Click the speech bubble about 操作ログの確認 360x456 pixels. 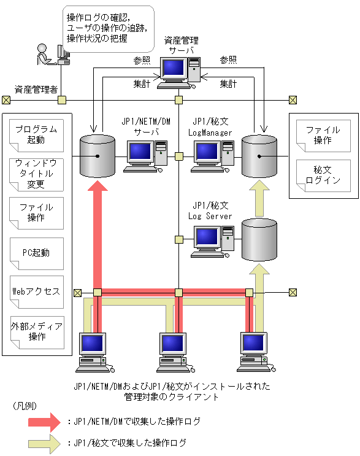coord(107,28)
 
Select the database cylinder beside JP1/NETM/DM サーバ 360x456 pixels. coord(98,155)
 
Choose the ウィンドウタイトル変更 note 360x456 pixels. coord(37,174)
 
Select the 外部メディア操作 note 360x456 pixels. coord(37,332)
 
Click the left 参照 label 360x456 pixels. coord(142,60)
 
